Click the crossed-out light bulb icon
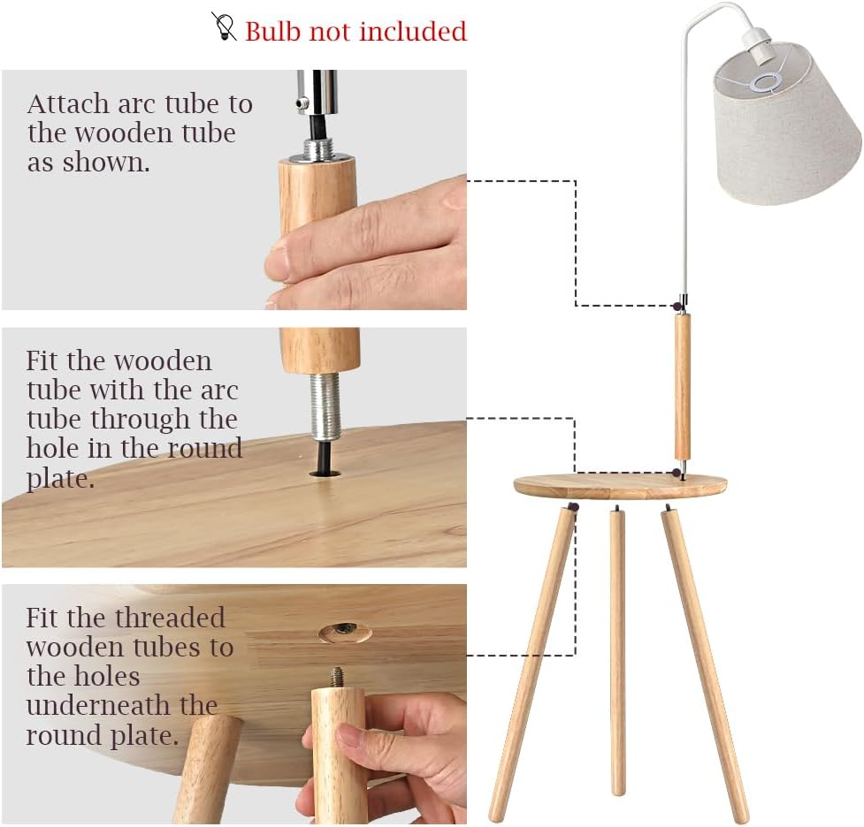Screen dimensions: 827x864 click(x=225, y=27)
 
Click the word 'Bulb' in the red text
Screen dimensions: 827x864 click(x=273, y=32)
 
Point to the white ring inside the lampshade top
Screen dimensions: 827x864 click(x=765, y=84)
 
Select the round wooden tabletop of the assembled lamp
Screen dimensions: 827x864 click(x=620, y=485)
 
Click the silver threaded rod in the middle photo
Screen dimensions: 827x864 click(x=325, y=406)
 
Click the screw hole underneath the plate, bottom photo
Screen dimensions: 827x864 click(x=345, y=631)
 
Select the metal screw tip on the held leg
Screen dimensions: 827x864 click(x=338, y=677)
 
